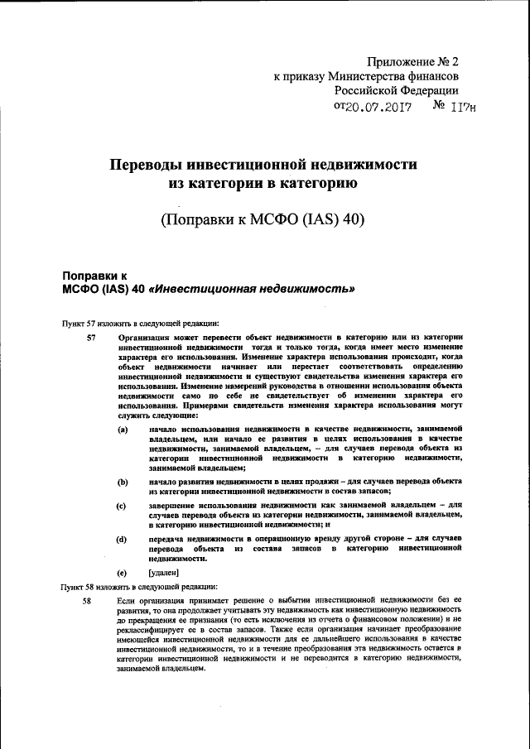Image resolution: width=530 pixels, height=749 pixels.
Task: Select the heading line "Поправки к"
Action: [95, 274]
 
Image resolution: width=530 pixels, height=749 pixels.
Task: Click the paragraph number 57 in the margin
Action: [92, 337]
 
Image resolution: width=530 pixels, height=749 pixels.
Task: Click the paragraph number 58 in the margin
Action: [86, 600]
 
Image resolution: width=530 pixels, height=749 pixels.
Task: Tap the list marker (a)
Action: [122, 429]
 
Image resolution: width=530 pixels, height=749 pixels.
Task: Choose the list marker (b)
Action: [122, 481]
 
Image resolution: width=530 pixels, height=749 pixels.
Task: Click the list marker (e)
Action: [122, 572]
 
